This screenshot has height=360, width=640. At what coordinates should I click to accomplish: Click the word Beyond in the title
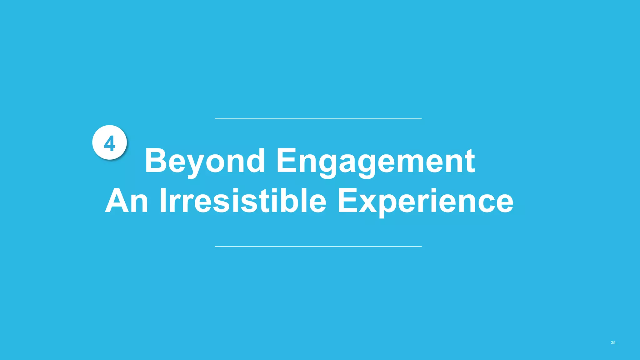tap(205, 161)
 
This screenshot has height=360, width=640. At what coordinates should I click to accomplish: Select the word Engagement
tap(376, 161)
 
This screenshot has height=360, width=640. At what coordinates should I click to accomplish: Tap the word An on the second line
tap(127, 201)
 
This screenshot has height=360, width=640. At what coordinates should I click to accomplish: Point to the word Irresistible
tap(243, 201)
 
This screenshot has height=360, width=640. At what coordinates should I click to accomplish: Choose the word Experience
tap(425, 201)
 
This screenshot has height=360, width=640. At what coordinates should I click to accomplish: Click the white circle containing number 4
tap(109, 142)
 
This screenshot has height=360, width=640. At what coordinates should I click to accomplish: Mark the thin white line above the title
tap(318, 119)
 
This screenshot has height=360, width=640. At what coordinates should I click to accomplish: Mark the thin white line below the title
tap(318, 247)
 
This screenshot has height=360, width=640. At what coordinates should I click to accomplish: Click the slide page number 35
tap(613, 343)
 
